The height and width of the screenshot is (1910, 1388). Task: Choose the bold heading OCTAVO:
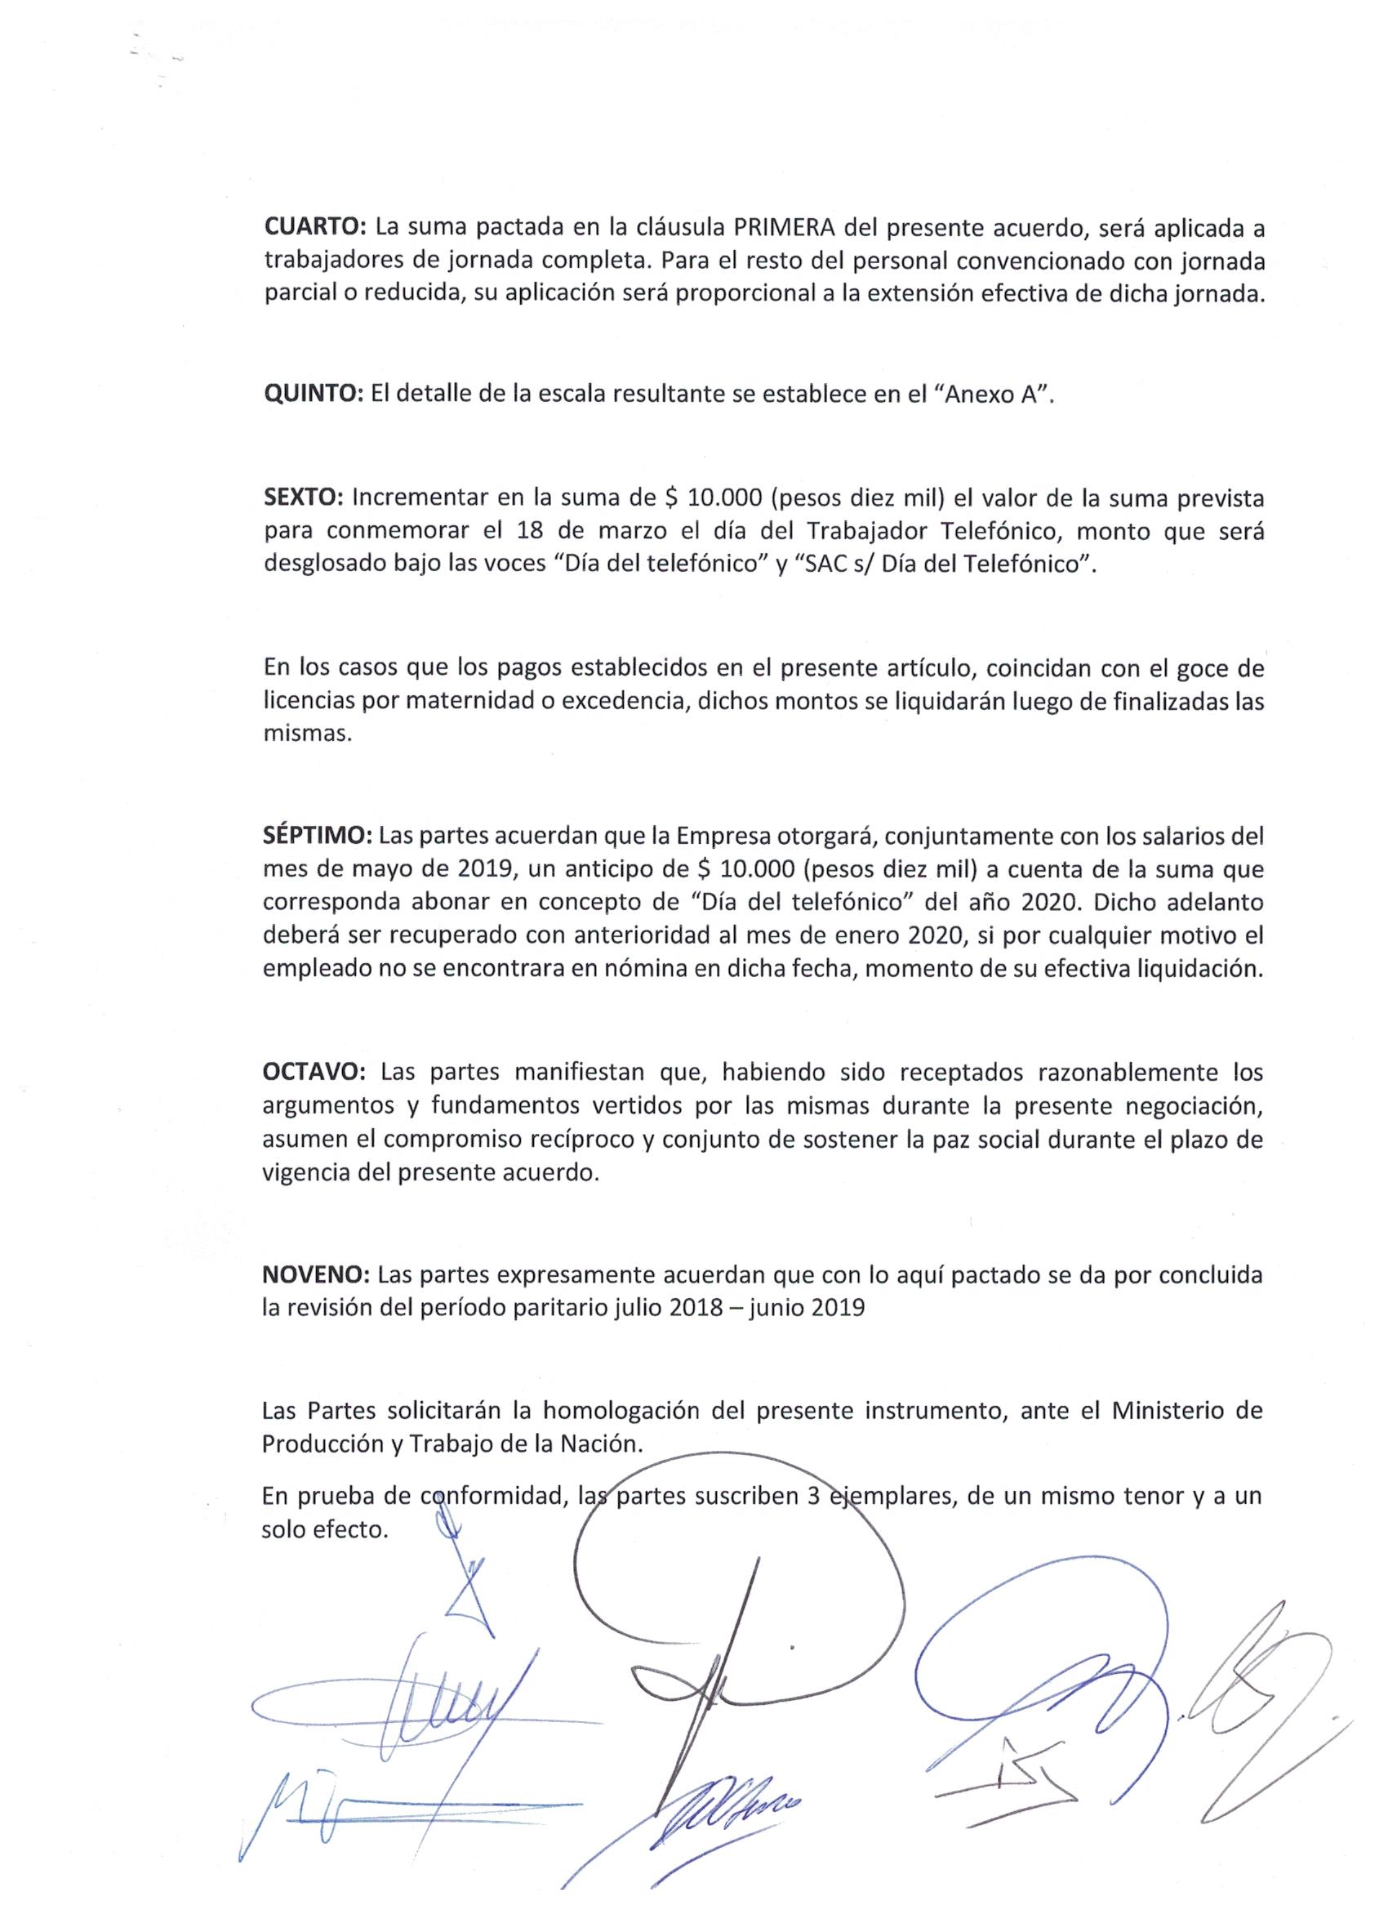[314, 1072]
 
